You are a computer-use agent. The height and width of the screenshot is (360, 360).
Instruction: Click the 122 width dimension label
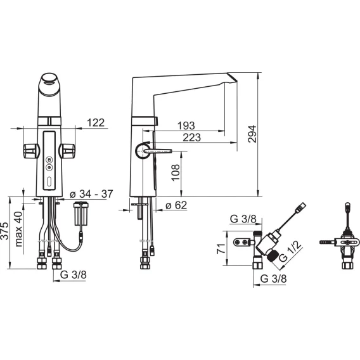point(96,122)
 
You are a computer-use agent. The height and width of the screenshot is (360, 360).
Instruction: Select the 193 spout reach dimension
point(186,125)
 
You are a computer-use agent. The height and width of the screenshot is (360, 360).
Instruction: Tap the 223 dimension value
point(191,138)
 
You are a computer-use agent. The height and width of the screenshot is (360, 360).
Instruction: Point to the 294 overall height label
point(252,134)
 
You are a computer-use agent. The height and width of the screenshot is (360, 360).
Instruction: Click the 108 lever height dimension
point(176,172)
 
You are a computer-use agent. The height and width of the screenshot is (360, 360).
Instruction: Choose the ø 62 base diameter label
point(176,205)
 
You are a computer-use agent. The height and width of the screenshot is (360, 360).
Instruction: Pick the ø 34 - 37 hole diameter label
point(91,194)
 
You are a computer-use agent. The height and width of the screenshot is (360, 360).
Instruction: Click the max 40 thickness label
point(18,229)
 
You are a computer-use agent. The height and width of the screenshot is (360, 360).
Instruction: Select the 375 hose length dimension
point(4,231)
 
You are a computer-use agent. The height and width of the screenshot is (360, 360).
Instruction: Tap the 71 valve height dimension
point(221,248)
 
